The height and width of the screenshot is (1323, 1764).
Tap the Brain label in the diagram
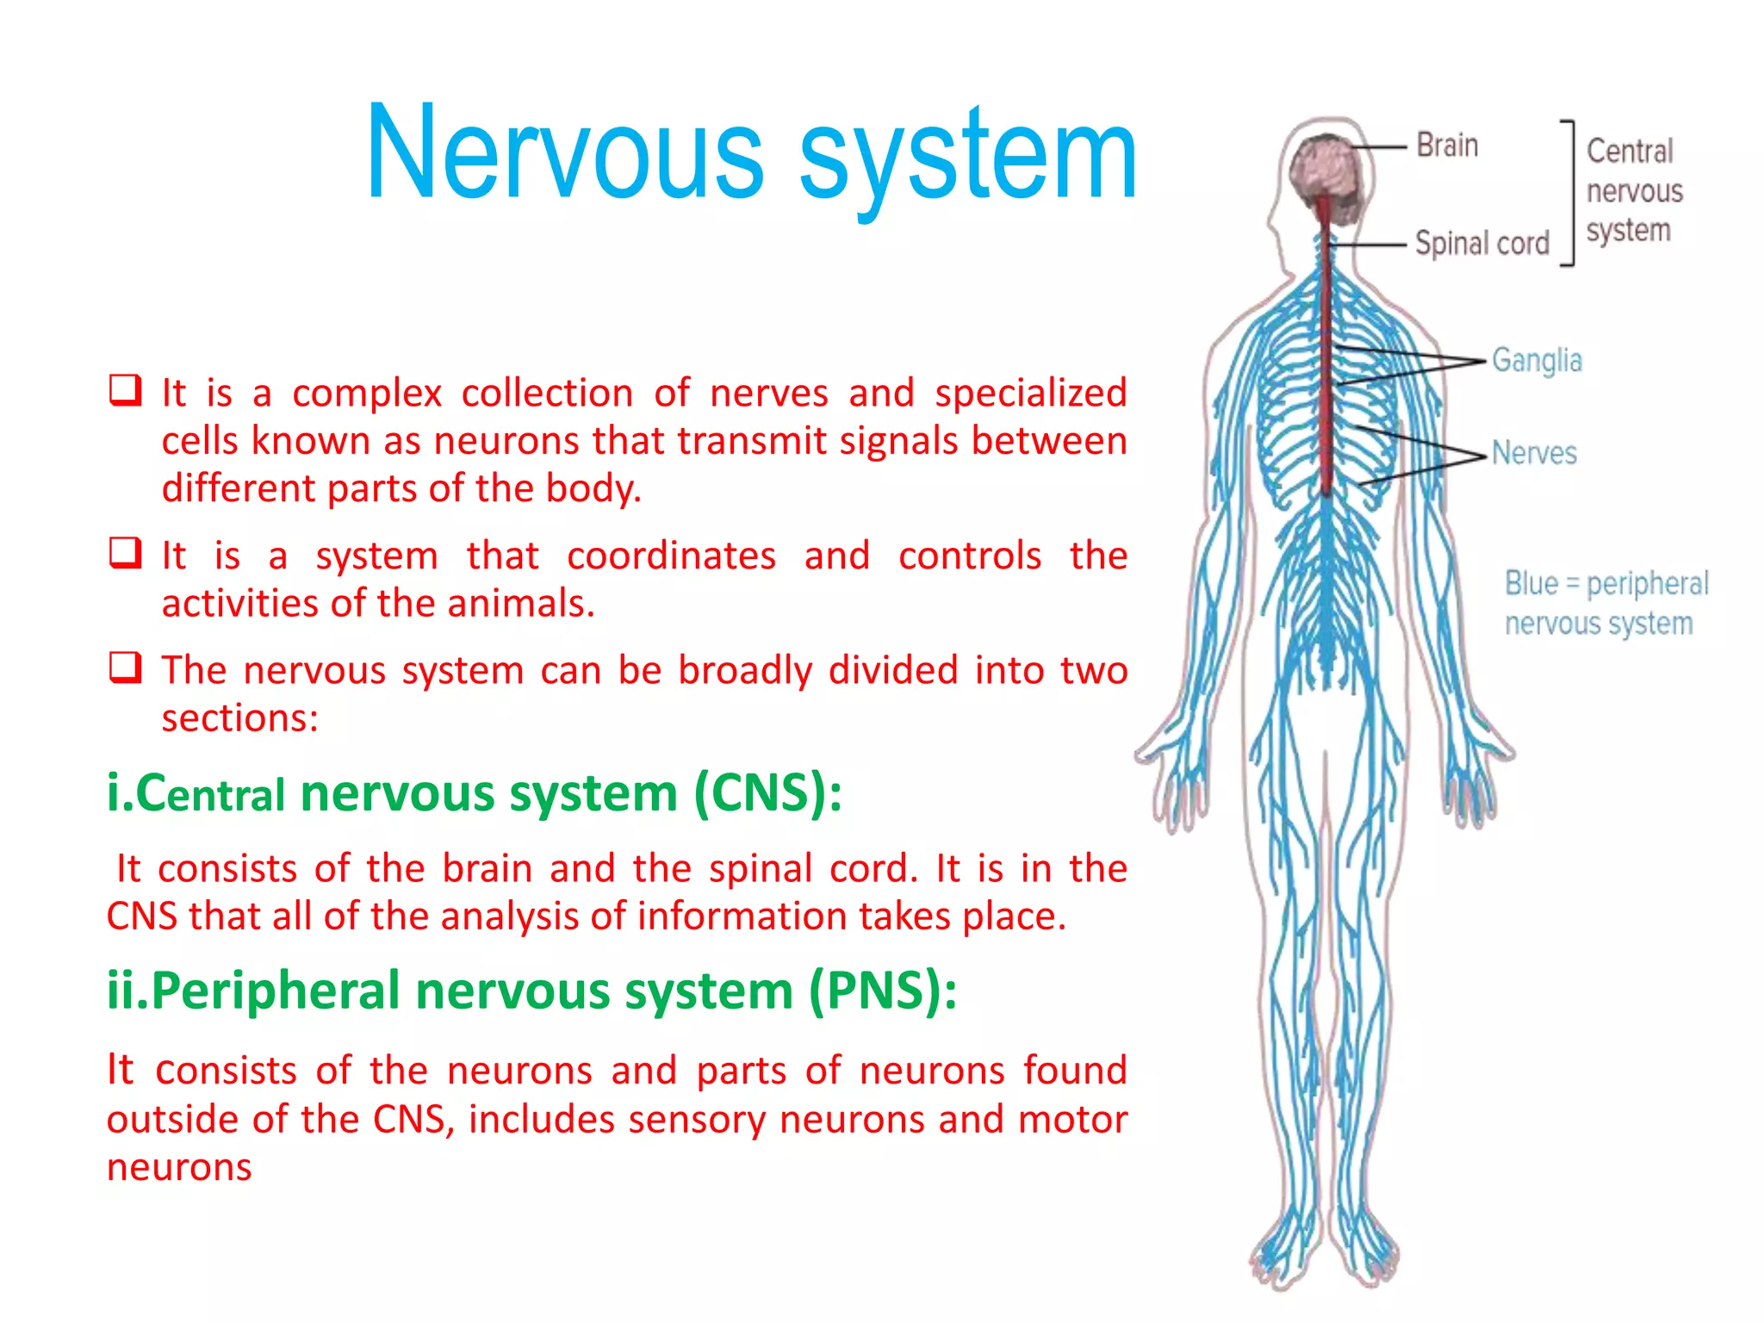click(x=1447, y=146)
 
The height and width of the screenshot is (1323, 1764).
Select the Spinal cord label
click(x=1481, y=244)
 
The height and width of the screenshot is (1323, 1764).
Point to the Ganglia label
click(x=1537, y=360)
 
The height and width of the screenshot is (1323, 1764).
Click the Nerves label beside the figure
click(x=1534, y=453)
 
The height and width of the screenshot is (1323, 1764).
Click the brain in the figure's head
click(x=1326, y=168)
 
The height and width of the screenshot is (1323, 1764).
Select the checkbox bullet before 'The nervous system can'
click(x=125, y=668)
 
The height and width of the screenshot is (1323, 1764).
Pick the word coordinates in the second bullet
click(x=671, y=556)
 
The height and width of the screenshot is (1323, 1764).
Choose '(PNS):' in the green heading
click(x=882, y=991)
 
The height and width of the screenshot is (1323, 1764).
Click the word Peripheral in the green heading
click(x=276, y=991)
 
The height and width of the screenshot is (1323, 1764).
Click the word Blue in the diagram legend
click(x=1531, y=583)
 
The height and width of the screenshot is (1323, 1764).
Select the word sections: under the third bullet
click(x=240, y=717)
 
